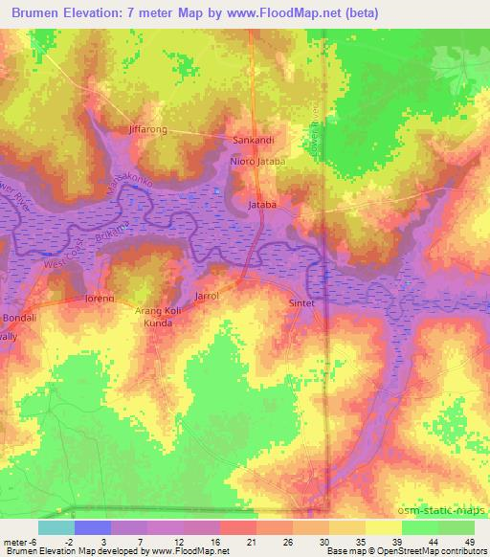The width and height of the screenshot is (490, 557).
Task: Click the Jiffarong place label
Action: pyautogui.click(x=147, y=128)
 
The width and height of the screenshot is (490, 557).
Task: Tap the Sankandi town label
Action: pyautogui.click(x=254, y=140)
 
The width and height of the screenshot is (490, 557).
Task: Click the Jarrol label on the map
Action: pyautogui.click(x=207, y=297)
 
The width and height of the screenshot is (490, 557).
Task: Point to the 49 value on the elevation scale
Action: pyautogui.click(x=468, y=542)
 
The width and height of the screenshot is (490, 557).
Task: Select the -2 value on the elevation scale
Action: pyautogui.click(x=81, y=542)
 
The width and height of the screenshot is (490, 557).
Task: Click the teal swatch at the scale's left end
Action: pyautogui.click(x=56, y=527)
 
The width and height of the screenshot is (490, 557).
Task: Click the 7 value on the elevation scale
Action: pyautogui.click(x=141, y=542)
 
